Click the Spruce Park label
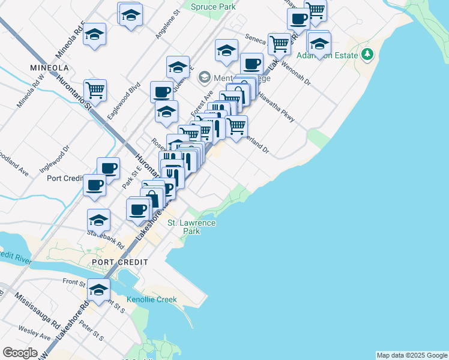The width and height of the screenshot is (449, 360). point(213,7)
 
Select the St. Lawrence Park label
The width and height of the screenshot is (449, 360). point(191,227)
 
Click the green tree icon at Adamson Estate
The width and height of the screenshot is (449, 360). point(367,55)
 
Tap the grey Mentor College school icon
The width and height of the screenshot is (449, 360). point(205,77)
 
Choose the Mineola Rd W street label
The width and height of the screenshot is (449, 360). point(31,91)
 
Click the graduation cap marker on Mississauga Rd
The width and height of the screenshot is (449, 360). point(98,289)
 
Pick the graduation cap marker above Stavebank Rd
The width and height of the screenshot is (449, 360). point(98,220)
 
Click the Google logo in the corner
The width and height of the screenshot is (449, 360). point(20,353)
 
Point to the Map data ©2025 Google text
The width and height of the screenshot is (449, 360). point(412,355)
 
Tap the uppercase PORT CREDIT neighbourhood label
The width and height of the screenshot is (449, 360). point(115,263)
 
